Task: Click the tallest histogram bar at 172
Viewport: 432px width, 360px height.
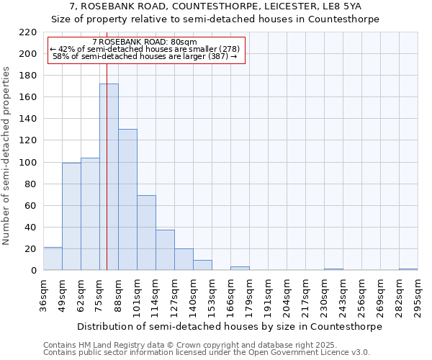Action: coord(109,177)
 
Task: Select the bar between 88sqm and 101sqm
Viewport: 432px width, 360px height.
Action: coord(127,199)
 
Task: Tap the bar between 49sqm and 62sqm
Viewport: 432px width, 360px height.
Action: coord(71,216)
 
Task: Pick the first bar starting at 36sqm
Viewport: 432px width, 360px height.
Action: coord(53,258)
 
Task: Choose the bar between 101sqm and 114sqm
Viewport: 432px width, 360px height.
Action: coord(146,233)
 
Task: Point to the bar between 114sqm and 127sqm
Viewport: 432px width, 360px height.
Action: coord(165,250)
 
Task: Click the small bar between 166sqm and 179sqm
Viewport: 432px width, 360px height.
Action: coord(240,269)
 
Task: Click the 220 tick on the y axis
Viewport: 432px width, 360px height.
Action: coord(27,32)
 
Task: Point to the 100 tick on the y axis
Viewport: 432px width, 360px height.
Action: coord(27,163)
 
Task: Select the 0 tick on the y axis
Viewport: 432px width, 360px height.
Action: coord(33,271)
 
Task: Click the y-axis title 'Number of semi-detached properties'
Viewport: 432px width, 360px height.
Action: coord(8,156)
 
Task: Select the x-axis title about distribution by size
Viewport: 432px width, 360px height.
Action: coord(230,326)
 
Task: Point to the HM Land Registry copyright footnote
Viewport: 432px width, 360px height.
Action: coord(197,345)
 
